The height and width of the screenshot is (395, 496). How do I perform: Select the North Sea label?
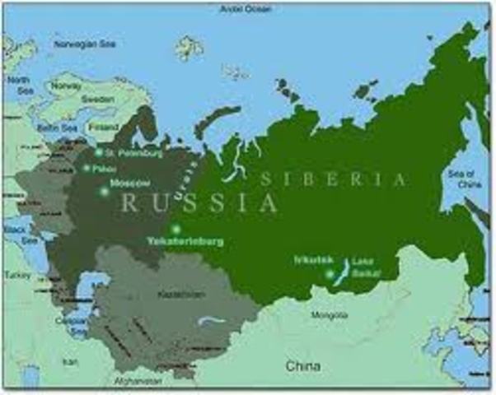18,85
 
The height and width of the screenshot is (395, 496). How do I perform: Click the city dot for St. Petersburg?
97,153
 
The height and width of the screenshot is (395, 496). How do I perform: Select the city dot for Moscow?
104,191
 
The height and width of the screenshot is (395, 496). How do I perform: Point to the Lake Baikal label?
363,267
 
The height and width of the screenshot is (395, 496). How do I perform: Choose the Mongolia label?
330,315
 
